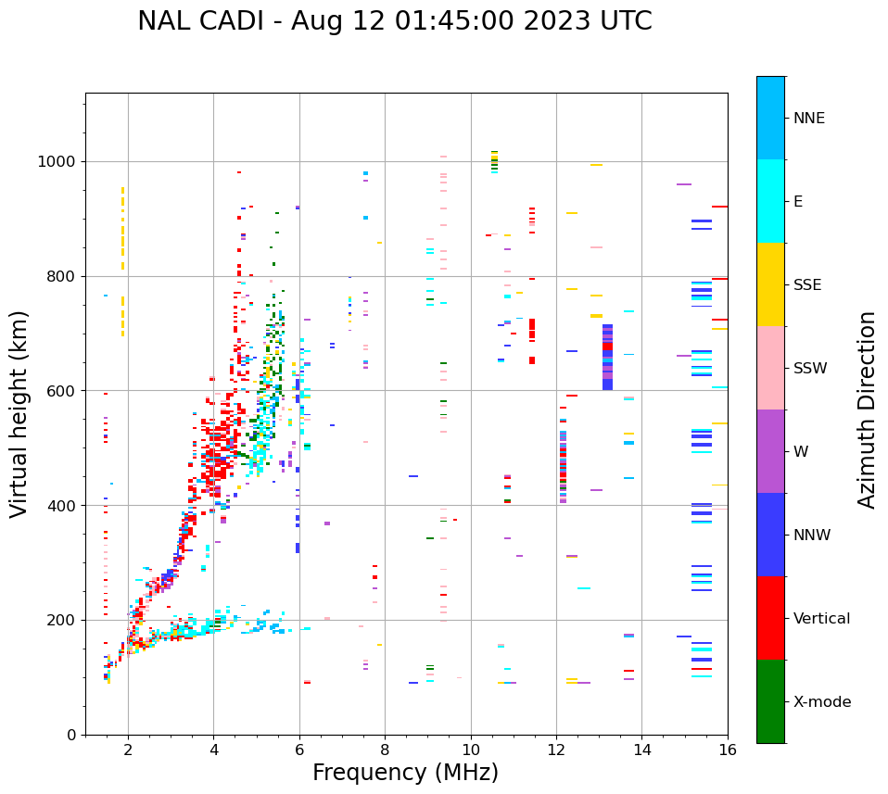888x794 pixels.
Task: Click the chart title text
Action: pos(395,21)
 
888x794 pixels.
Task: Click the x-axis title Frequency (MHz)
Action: pos(405,773)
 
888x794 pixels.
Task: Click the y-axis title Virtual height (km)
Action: pos(19,414)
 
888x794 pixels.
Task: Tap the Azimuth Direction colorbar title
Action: pos(867,410)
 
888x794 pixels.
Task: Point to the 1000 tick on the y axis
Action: pos(59,162)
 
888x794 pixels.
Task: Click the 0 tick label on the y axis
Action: pos(71,735)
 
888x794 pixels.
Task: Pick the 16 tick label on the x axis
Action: pos(728,749)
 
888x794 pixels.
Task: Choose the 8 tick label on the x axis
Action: pos(385,749)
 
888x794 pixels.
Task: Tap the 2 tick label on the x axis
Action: pos(128,749)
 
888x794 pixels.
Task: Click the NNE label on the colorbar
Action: pos(808,119)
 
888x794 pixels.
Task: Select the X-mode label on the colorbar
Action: pos(822,702)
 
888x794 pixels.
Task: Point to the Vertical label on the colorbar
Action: pos(821,619)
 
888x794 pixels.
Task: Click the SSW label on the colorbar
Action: pos(810,369)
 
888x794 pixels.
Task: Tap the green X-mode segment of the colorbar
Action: pos(770,701)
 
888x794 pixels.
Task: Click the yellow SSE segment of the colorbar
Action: pos(770,284)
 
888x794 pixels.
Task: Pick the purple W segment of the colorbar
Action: pos(770,451)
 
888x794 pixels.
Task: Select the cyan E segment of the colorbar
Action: pos(770,201)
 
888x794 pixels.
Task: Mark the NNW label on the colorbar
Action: pos(812,536)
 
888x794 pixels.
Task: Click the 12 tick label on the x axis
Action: pos(556,749)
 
